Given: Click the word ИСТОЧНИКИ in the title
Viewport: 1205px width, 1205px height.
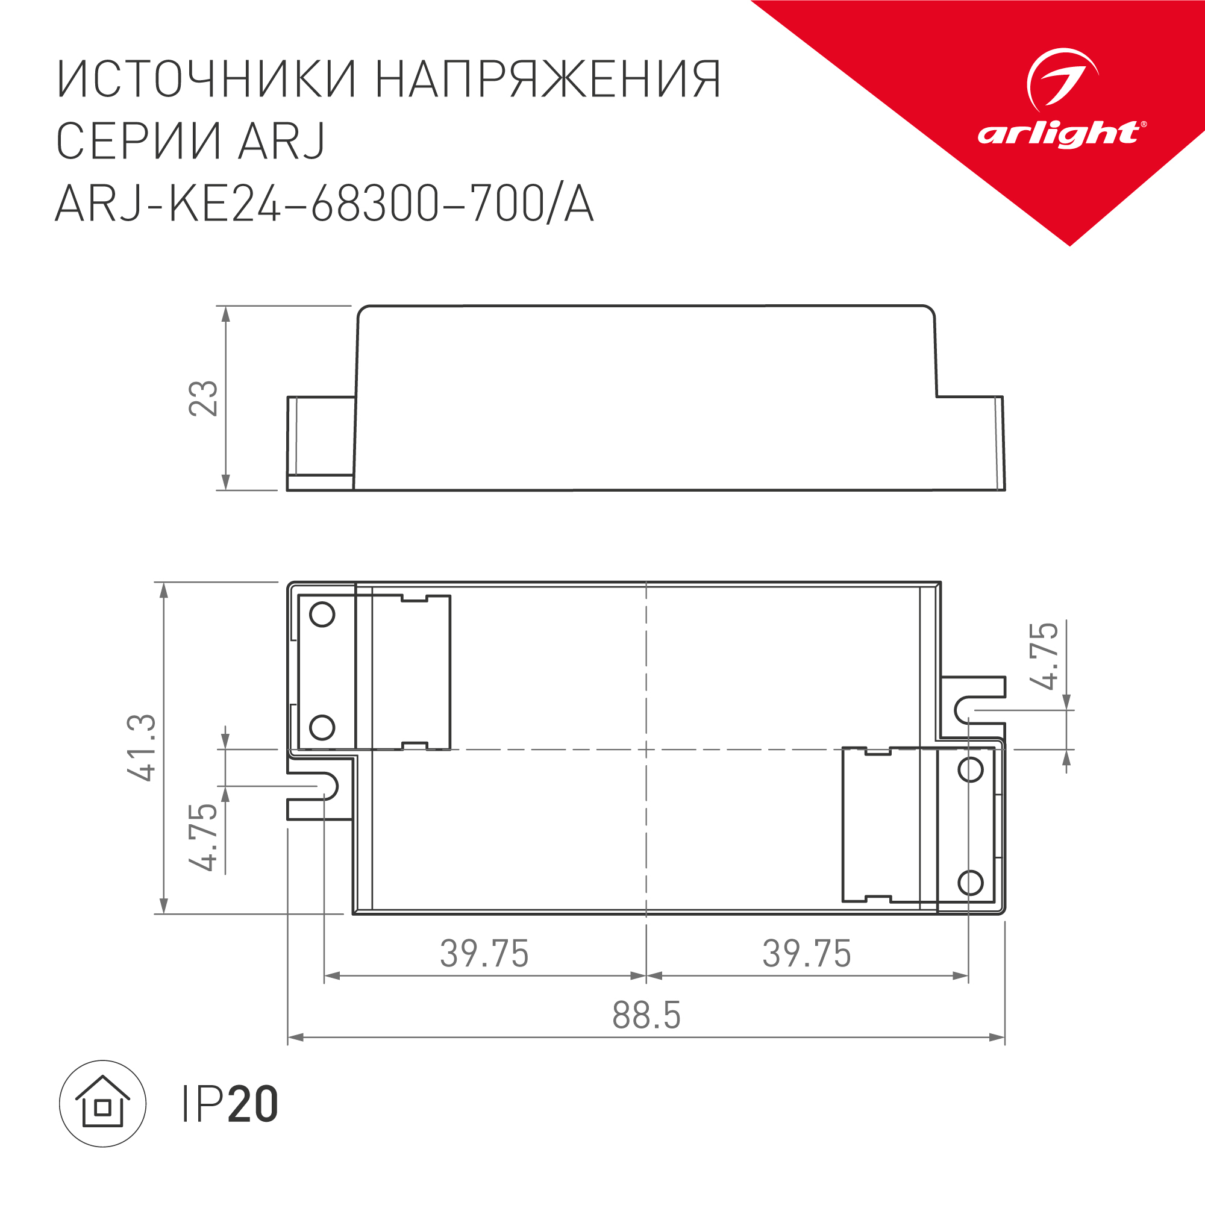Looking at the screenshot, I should [x=207, y=80].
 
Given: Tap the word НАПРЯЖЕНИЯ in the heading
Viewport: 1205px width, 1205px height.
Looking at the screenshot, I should [x=548, y=80].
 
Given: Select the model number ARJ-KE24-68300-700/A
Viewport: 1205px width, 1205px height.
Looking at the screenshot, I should [x=324, y=204].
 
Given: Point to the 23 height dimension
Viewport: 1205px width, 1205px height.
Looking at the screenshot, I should [x=203, y=398].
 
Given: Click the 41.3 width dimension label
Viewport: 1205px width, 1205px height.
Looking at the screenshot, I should [x=142, y=748].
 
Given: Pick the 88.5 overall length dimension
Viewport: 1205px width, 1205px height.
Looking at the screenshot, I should [x=646, y=1015].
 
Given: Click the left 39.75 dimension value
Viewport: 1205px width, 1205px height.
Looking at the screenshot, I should [x=484, y=954].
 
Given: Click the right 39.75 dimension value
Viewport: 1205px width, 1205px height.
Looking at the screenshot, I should [x=807, y=954].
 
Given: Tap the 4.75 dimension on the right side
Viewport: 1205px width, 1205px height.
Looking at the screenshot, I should [x=1044, y=656].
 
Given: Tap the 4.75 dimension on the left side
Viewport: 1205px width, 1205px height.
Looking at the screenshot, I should [x=203, y=837].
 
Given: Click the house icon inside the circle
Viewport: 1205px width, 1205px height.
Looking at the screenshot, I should [x=102, y=1103].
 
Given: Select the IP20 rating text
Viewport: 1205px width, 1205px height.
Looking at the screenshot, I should [x=230, y=1104].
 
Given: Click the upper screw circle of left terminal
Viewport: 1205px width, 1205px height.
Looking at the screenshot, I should [x=322, y=615].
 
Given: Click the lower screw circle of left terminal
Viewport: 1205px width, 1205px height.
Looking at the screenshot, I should [x=322, y=727].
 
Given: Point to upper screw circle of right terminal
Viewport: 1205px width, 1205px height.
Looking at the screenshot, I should [x=971, y=770].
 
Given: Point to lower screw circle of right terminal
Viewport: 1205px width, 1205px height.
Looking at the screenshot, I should [x=971, y=883].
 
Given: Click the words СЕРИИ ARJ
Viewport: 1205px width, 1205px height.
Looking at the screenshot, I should [x=191, y=141].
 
